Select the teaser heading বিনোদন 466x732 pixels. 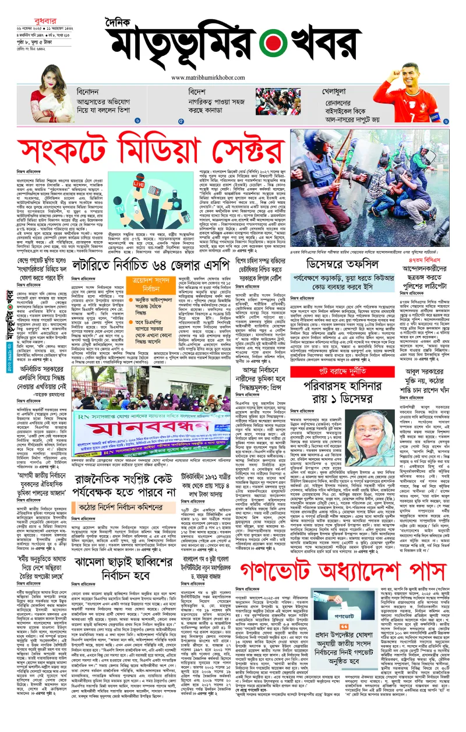87,92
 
